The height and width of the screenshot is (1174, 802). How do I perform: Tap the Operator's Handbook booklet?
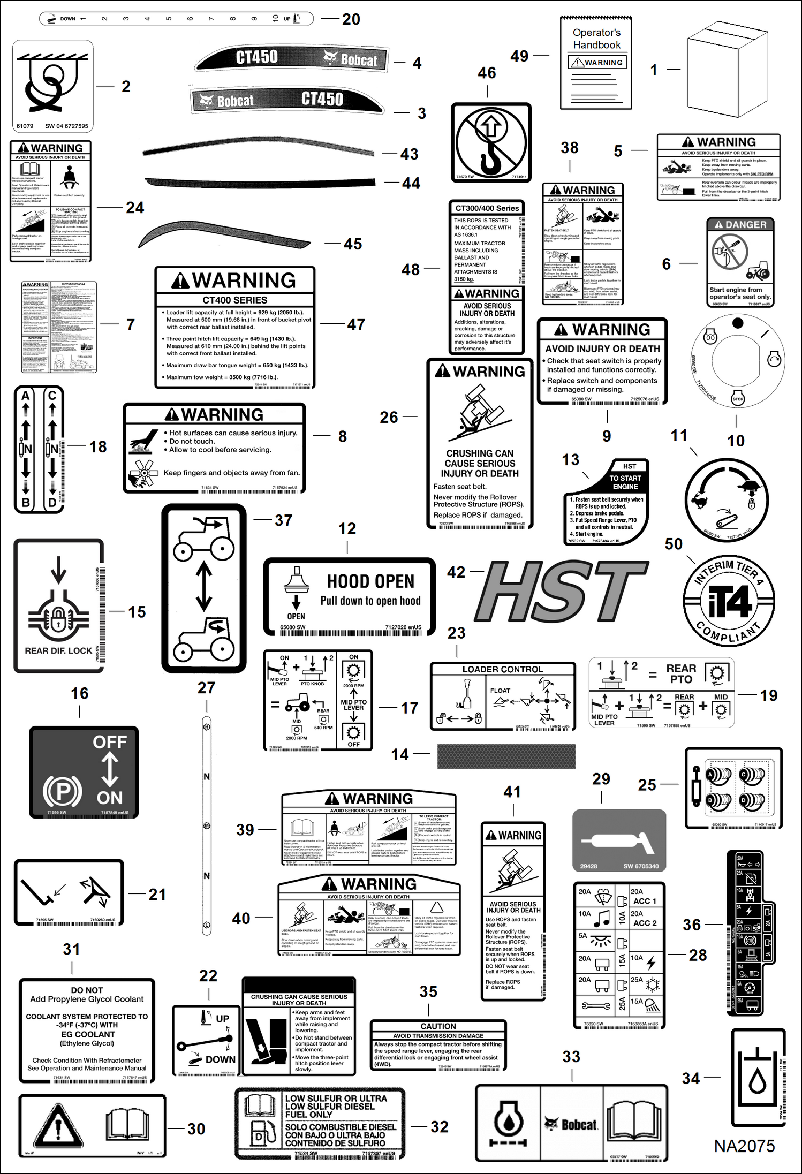pyautogui.click(x=596, y=63)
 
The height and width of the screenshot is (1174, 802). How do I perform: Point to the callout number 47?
pyautogui.click(x=356, y=324)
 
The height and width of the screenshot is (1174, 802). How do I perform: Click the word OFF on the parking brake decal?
pyautogui.click(x=110, y=742)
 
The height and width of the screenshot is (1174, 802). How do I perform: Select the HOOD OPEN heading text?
pyautogui.click(x=370, y=581)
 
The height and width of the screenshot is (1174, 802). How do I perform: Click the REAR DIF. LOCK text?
pyautogui.click(x=58, y=651)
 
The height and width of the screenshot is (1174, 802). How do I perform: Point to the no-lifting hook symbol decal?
pyautogui.click(x=491, y=142)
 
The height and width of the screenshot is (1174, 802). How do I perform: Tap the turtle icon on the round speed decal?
pyautogui.click(x=748, y=486)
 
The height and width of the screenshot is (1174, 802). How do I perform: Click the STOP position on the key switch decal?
pyautogui.click(x=738, y=399)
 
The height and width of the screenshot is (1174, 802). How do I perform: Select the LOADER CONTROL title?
pyautogui.click(x=502, y=669)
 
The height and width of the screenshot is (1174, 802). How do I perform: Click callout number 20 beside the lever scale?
pyautogui.click(x=351, y=20)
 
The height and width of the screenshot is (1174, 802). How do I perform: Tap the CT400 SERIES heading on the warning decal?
pyautogui.click(x=234, y=300)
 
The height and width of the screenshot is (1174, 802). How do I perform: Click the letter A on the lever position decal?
pyautogui.click(x=26, y=396)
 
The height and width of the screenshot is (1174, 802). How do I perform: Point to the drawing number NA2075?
pyautogui.click(x=744, y=1146)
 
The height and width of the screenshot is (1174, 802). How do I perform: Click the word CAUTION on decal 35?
pyautogui.click(x=438, y=1026)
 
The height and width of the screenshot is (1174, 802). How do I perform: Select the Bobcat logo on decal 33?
pyautogui.click(x=571, y=1124)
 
